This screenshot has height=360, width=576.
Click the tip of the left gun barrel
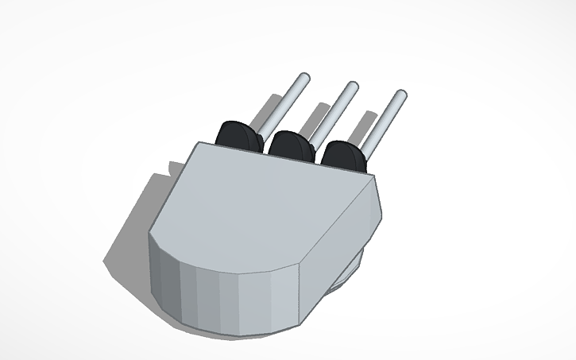pyautogui.click(x=302, y=78)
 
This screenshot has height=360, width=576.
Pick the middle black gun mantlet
pyautogui.click(x=291, y=145)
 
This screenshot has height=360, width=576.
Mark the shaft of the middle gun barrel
pyautogui.click(x=331, y=112)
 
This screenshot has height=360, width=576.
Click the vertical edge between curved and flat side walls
pyautogui.click(x=298, y=294)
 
